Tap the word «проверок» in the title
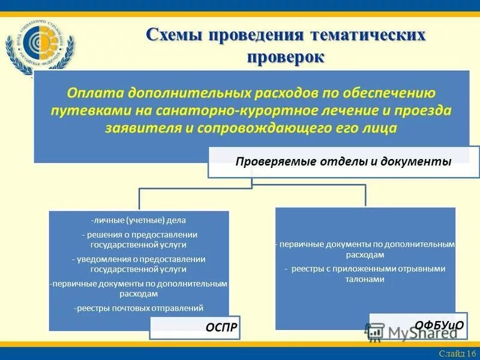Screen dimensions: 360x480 pos(286,57)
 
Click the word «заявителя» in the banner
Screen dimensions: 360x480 pos(140,128)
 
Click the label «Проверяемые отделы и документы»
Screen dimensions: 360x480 pos(343,161)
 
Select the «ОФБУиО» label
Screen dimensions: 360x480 pos(439,325)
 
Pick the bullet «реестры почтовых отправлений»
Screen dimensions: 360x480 pos(139,308)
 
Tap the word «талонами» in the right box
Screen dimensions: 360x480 pos(365,279)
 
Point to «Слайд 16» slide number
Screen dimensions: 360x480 pos(457,353)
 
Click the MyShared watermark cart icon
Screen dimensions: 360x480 pos(375,332)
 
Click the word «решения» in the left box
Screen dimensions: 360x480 pos(100,235)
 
